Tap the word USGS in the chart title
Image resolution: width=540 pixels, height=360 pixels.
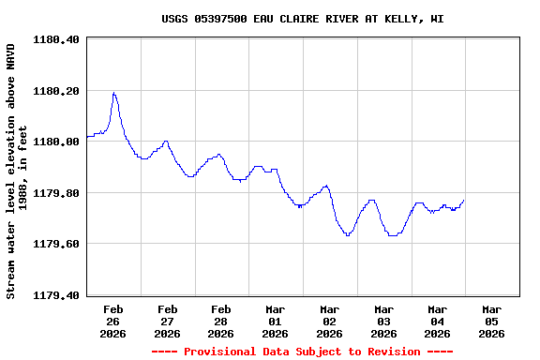(x=175, y=19)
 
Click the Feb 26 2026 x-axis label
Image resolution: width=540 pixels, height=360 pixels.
(x=113, y=321)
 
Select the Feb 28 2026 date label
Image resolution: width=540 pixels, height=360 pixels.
(x=221, y=321)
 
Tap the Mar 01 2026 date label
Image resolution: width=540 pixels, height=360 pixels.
(x=276, y=321)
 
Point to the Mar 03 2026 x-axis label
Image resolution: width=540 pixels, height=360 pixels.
(x=383, y=321)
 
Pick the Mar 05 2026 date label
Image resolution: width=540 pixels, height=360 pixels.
(x=491, y=321)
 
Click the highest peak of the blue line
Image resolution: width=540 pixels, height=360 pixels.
(x=113, y=93)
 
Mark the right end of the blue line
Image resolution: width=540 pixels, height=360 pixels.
(x=463, y=200)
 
